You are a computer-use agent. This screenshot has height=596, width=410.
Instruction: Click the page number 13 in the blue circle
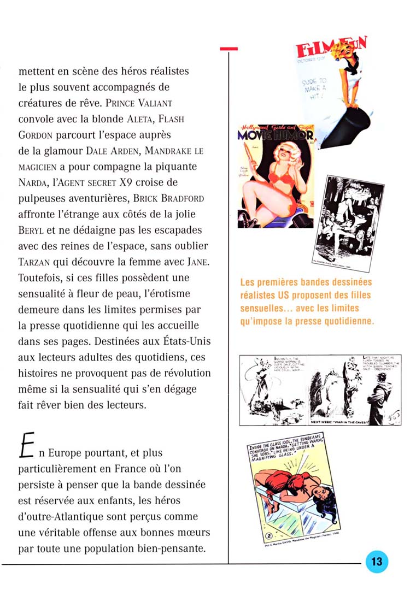click(x=377, y=562)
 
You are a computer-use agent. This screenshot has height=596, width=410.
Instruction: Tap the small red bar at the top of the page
click(x=229, y=49)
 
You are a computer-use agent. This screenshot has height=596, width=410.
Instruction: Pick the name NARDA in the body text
click(x=34, y=182)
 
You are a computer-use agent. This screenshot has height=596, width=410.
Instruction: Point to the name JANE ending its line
click(x=195, y=262)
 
